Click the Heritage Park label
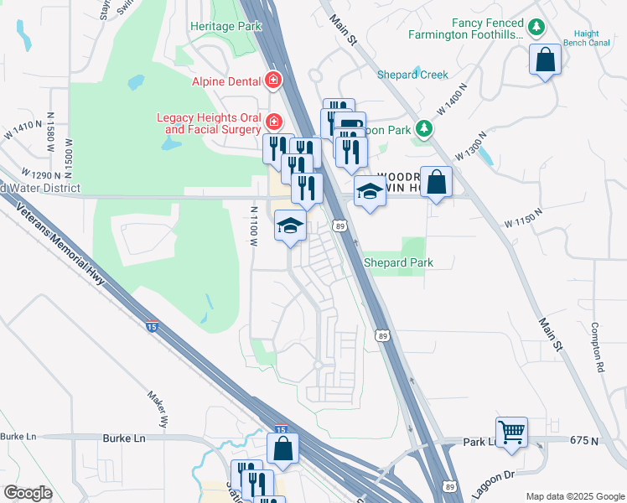(226, 27)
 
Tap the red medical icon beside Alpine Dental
(272, 80)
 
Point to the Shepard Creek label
(412, 75)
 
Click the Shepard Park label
(398, 262)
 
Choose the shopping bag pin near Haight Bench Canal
(545, 60)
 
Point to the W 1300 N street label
(471, 146)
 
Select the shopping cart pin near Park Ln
(511, 433)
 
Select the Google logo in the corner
(28, 493)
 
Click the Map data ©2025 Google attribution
(574, 496)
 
